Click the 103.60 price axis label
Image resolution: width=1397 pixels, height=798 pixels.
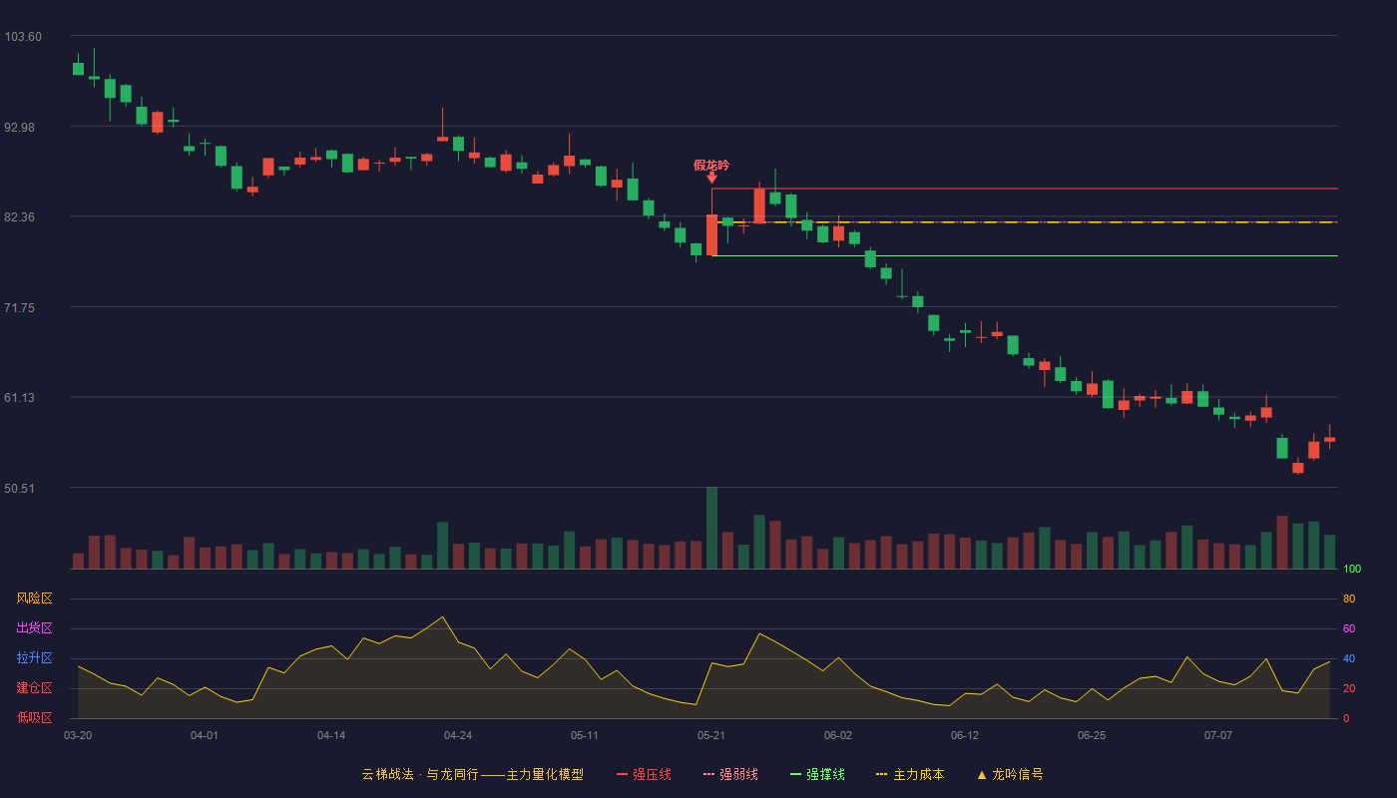[23, 37]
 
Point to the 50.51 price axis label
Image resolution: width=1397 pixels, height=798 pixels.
[19, 488]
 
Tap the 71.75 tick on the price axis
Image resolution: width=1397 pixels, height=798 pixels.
[19, 308]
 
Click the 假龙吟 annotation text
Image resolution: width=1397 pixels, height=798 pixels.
[710, 166]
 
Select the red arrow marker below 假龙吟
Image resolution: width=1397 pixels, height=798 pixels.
[711, 179]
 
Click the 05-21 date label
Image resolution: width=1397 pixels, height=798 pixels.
[710, 736]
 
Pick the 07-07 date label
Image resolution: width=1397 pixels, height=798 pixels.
[1218, 736]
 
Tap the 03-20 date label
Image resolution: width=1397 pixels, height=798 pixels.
[78, 736]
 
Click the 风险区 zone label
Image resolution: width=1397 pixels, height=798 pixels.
[34, 598]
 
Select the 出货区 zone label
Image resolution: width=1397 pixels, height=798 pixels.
[34, 627]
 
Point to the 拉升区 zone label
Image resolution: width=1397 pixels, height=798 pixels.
[34, 657]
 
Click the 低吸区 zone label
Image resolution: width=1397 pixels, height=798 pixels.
[34, 717]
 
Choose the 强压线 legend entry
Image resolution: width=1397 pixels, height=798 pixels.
[644, 774]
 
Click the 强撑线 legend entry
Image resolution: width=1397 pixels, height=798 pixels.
[817, 774]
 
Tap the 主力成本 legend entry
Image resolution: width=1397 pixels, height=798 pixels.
[910, 774]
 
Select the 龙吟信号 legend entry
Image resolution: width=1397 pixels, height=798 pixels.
[1010, 774]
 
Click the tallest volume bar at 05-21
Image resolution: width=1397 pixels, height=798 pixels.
[711, 528]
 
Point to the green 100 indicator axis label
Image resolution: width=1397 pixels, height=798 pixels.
[1352, 569]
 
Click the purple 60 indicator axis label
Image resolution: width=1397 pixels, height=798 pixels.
[1349, 628]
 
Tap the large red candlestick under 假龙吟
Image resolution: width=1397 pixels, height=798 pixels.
[711, 235]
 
